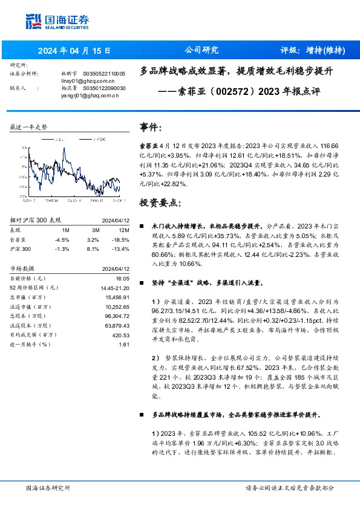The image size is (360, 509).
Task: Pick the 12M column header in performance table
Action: pos(124,230)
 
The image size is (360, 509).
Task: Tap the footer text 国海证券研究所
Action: pos(48,487)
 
